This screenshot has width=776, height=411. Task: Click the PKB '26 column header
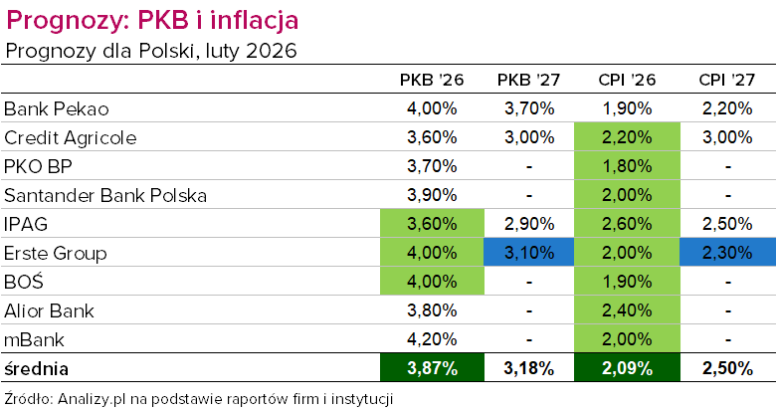pos(432,81)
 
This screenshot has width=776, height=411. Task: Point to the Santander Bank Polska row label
pos(105,195)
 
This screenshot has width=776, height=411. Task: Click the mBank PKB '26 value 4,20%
pos(432,339)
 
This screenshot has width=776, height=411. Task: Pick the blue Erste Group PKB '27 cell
pos(529,253)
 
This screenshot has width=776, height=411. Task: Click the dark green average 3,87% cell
pos(432,369)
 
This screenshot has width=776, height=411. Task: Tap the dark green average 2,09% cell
pos(627,369)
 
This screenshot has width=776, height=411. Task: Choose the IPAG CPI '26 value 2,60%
pos(627,224)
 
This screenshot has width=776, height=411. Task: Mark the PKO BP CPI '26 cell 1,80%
pos(627,166)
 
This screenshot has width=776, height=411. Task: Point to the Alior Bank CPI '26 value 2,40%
pos(627,310)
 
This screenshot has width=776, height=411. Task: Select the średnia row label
pos(37,369)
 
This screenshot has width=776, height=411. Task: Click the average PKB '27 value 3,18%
pos(529,369)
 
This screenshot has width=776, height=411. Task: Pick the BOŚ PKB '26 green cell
pos(432,282)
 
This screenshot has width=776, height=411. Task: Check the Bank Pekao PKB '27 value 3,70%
pos(529,108)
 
